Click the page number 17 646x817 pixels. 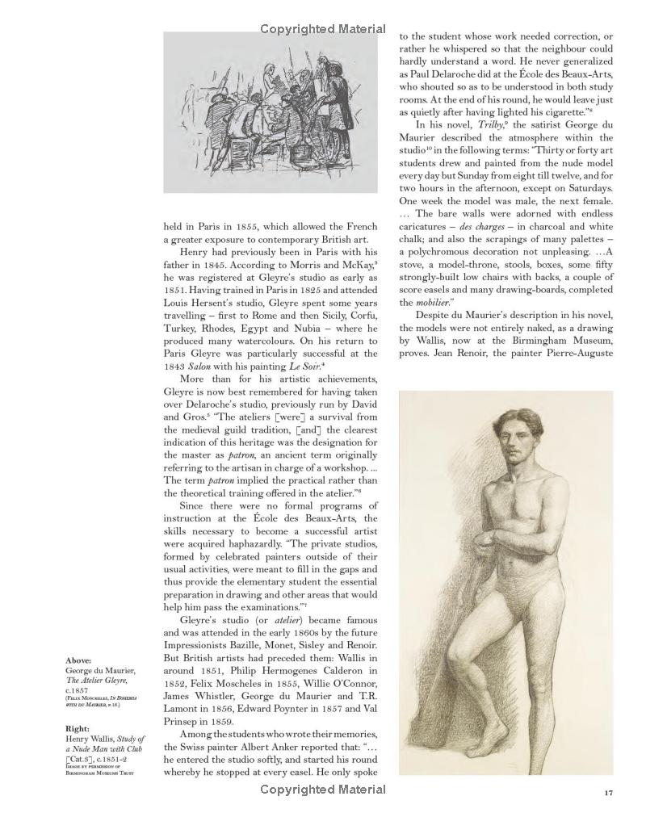click(x=610, y=792)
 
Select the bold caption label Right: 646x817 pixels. click(x=78, y=727)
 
